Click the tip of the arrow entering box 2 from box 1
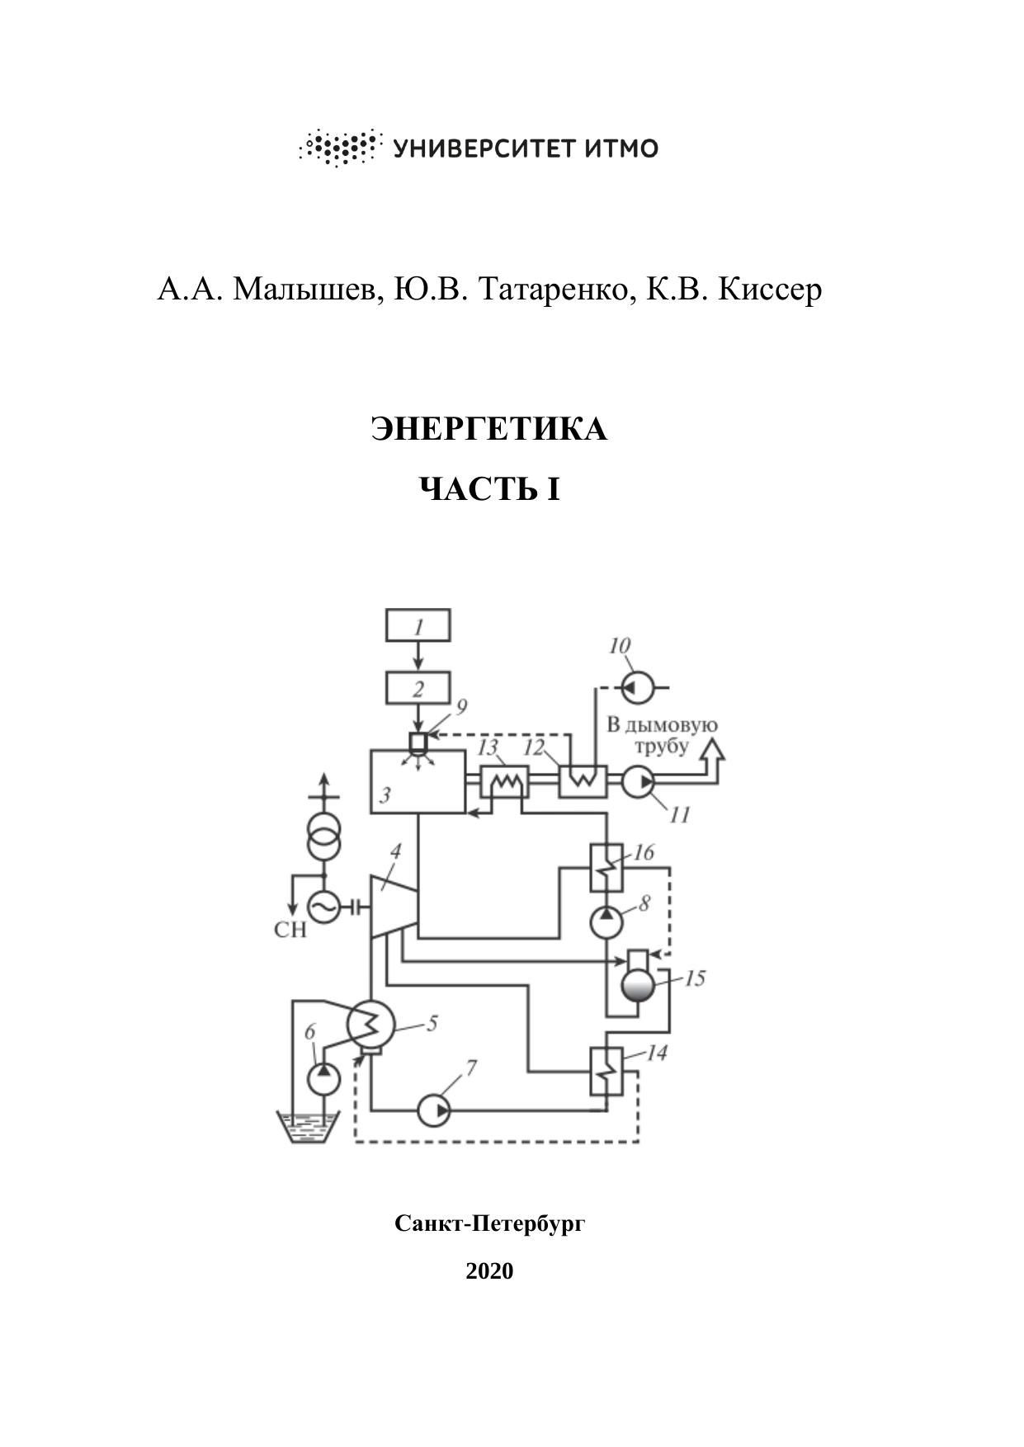click(418, 672)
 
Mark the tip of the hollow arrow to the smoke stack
click(712, 738)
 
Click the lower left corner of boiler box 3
click(371, 813)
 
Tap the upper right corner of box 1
click(450, 610)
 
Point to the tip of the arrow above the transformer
click(323, 774)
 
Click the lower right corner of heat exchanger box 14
click(623, 1096)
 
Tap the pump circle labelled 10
click(637, 686)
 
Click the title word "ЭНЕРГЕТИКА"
click(489, 429)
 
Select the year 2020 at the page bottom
click(489, 1270)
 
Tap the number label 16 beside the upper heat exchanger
click(644, 852)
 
